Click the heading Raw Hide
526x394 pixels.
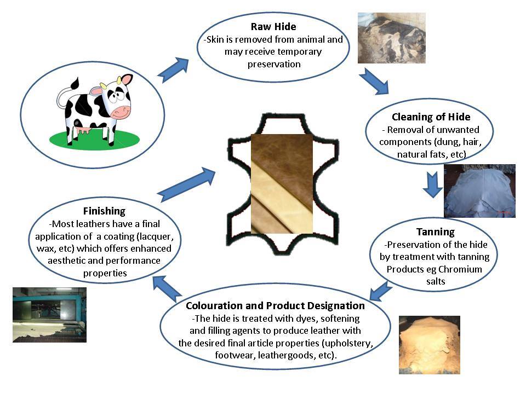(x=273, y=26)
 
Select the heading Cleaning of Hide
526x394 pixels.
(x=431, y=117)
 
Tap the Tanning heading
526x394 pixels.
(x=436, y=232)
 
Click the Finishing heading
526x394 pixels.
(x=104, y=211)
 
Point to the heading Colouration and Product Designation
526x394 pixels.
(x=275, y=305)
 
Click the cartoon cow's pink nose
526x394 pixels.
(x=122, y=112)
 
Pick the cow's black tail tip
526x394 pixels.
(x=75, y=83)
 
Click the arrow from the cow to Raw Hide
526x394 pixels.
(x=173, y=69)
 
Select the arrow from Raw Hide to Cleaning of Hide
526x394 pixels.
(x=374, y=82)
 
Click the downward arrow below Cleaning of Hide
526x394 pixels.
(x=432, y=184)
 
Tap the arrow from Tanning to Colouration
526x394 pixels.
(x=380, y=291)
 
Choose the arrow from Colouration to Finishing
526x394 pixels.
(x=167, y=289)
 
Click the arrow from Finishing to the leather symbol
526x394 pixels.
(x=187, y=184)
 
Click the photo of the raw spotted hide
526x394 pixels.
(x=391, y=38)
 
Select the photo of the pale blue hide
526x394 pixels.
(x=479, y=191)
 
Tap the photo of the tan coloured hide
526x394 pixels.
(x=430, y=345)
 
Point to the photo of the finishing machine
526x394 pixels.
(x=50, y=315)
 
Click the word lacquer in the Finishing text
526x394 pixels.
(x=157, y=237)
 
